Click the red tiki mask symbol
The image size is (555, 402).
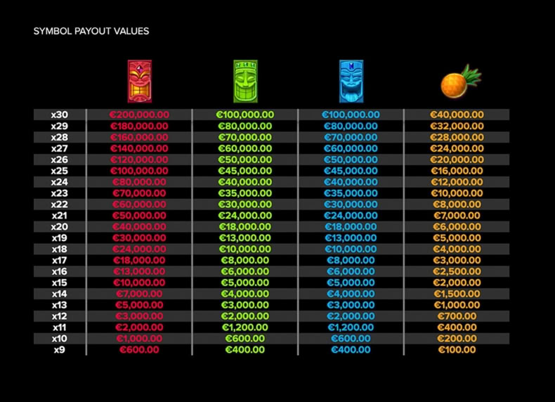(x=140, y=82)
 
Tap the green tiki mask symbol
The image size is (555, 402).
(x=245, y=82)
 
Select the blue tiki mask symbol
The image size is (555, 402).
(x=351, y=82)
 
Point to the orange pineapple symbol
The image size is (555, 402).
(x=460, y=82)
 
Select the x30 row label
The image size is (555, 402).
(x=60, y=115)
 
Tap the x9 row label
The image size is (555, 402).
(x=60, y=350)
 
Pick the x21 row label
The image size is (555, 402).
(x=60, y=216)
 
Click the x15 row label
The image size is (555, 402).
(x=60, y=283)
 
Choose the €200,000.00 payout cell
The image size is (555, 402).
(x=139, y=115)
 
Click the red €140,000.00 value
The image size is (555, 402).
(x=139, y=148)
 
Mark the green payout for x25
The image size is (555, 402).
(x=245, y=171)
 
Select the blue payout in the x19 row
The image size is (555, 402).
(x=351, y=238)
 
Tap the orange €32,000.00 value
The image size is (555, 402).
(x=457, y=126)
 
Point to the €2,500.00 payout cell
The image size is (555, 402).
(x=457, y=272)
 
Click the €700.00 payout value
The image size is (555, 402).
(x=457, y=316)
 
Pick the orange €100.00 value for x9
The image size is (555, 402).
(x=457, y=350)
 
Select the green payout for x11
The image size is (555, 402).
(x=245, y=328)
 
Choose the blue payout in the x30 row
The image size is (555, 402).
(x=351, y=115)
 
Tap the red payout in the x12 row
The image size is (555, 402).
(x=139, y=316)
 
